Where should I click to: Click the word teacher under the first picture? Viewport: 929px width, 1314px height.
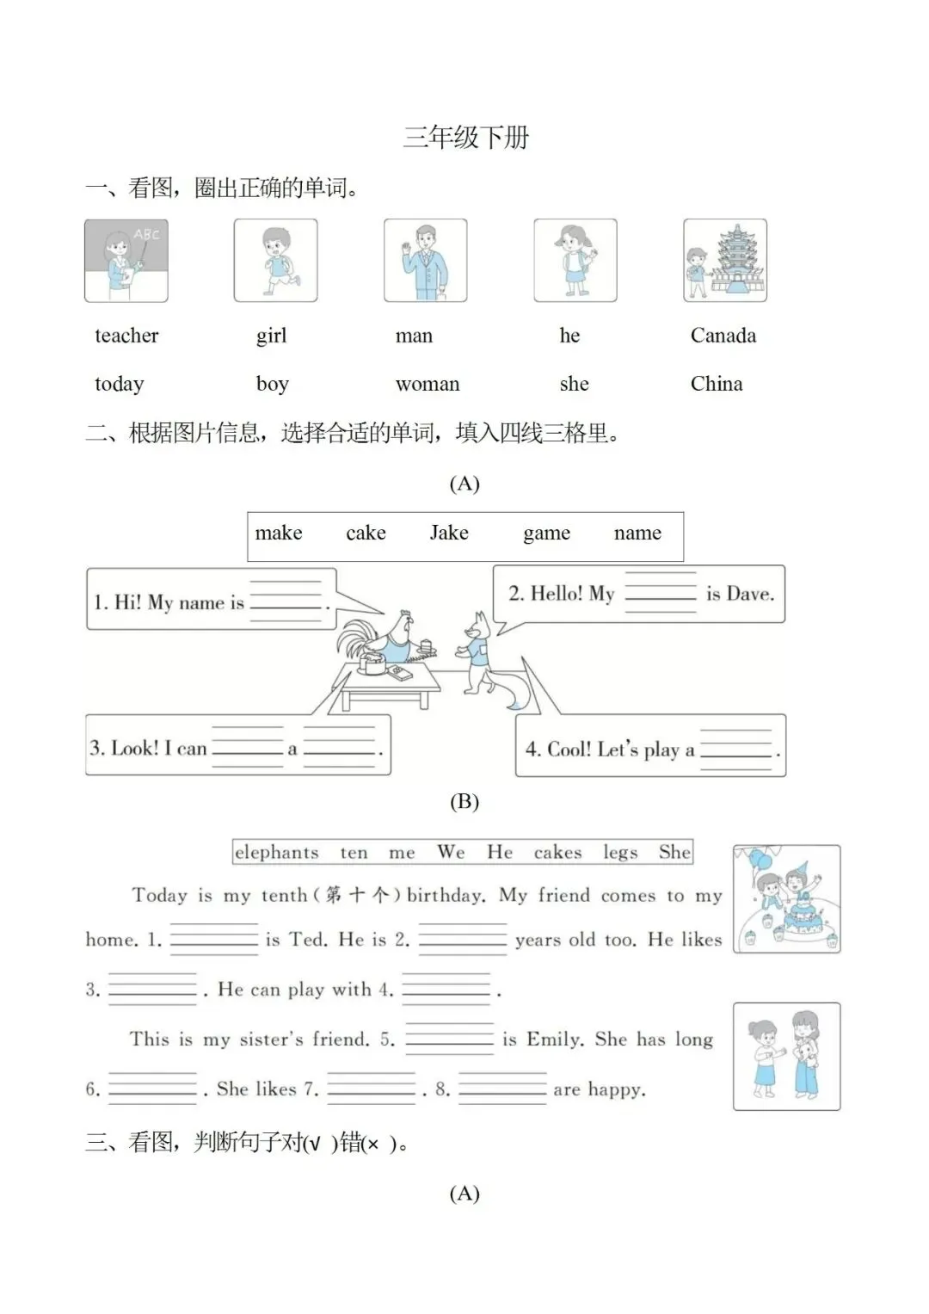[126, 336]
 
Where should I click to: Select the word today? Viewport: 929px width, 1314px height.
[119, 384]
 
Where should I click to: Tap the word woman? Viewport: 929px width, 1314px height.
[428, 384]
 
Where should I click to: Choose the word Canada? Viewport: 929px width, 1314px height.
[723, 336]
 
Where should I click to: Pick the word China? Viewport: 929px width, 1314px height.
[716, 384]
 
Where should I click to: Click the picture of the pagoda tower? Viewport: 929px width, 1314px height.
[725, 260]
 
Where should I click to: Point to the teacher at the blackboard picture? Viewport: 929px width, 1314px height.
[126, 260]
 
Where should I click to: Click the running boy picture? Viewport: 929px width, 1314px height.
[275, 260]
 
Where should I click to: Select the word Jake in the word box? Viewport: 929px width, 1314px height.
[449, 534]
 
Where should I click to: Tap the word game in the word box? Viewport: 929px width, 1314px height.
[546, 534]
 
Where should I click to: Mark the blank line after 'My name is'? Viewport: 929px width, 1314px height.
[285, 601]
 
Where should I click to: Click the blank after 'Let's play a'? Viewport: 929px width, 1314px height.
[735, 750]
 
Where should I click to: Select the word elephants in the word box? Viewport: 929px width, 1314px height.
[276, 853]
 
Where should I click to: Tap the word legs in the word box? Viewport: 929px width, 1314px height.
[620, 853]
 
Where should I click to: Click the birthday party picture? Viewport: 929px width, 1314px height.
[786, 899]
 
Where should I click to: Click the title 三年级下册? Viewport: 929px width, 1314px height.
[465, 138]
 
